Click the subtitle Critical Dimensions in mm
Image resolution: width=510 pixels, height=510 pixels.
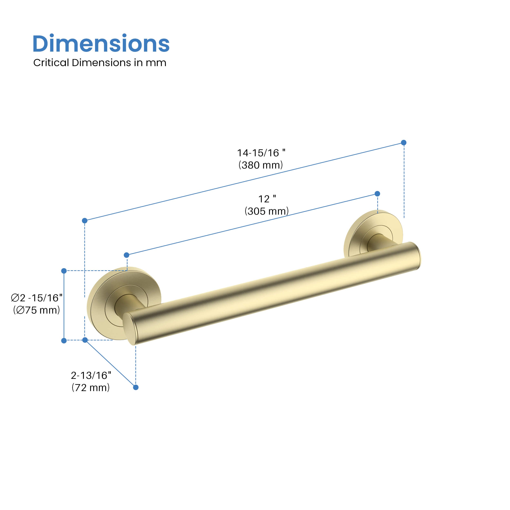[100, 63]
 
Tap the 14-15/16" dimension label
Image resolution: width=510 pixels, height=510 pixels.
[261, 153]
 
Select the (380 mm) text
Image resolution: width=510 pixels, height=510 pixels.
[261, 165]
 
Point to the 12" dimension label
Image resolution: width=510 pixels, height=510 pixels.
[267, 199]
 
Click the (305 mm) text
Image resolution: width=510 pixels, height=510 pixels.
[267, 211]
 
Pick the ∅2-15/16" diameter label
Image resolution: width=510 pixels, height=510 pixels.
[37, 298]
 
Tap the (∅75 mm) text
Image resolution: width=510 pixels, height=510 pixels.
[37, 310]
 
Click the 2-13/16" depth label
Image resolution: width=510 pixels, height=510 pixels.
[91, 375]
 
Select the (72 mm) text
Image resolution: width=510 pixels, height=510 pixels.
[91, 388]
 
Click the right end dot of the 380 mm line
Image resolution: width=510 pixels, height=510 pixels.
[404, 143]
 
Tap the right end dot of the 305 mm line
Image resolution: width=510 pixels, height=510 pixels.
[377, 194]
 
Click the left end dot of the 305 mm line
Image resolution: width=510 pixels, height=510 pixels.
[126, 255]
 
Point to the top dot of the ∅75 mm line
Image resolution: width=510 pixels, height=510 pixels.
[64, 271]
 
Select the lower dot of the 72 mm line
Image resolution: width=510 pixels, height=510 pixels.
[136, 387]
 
